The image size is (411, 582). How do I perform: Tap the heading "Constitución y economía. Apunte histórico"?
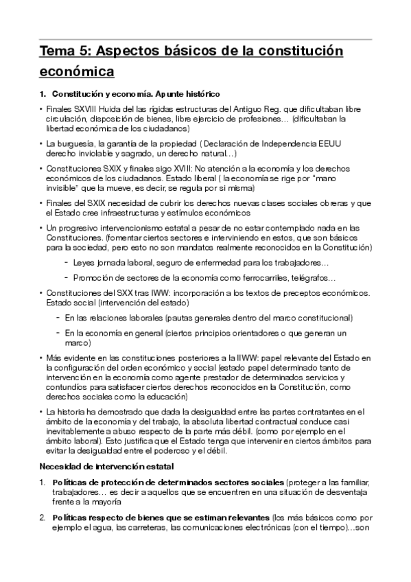click(136, 93)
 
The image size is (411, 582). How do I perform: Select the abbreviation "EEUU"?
click(333, 143)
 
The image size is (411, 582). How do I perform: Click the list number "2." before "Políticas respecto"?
click(43, 516)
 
